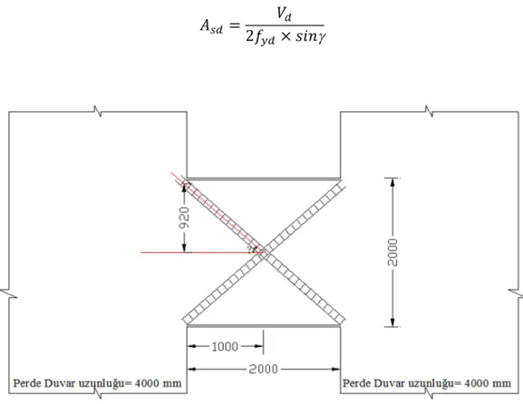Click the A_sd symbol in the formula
[x=211, y=26]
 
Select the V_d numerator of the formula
[x=285, y=14]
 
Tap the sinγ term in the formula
[x=311, y=36]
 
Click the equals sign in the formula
[x=235, y=26]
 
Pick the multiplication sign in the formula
[x=286, y=36]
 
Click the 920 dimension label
[x=184, y=217]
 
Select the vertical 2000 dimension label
[x=392, y=253]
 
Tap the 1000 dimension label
[x=225, y=347]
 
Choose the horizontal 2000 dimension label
[x=263, y=369]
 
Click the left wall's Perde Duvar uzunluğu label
[x=97, y=384]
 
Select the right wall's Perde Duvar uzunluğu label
[x=427, y=384]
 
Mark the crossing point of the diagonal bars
[x=264, y=251]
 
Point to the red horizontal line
[x=202, y=253]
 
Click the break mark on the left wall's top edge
[x=97, y=111]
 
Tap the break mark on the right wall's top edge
[x=430, y=111]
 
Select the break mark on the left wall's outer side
[x=9, y=294]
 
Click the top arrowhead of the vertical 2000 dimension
[x=392, y=182]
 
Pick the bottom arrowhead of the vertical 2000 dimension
[x=392, y=322]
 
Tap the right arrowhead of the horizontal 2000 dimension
[x=335, y=369]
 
